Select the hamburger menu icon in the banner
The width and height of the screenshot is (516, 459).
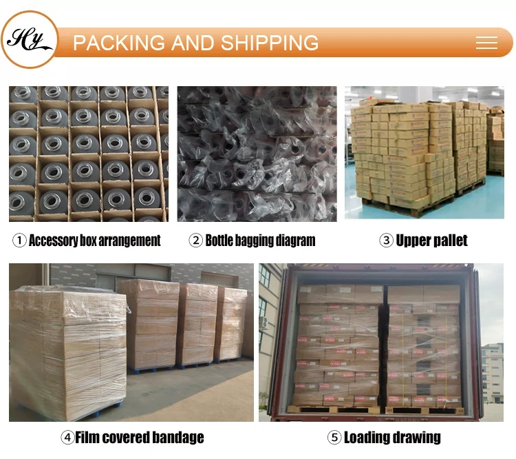click(486, 43)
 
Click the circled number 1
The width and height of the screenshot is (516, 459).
click(19, 241)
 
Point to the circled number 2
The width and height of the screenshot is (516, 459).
click(195, 241)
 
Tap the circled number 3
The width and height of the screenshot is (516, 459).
click(386, 241)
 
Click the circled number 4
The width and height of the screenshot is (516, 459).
click(67, 438)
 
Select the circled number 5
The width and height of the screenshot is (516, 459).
click(334, 438)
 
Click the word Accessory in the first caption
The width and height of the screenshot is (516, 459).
click(54, 241)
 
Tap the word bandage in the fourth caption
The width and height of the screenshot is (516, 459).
click(178, 438)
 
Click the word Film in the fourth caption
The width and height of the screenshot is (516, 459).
click(87, 438)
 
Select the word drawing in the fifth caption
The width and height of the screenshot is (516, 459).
click(417, 438)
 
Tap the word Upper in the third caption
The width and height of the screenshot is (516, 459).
click(413, 241)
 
